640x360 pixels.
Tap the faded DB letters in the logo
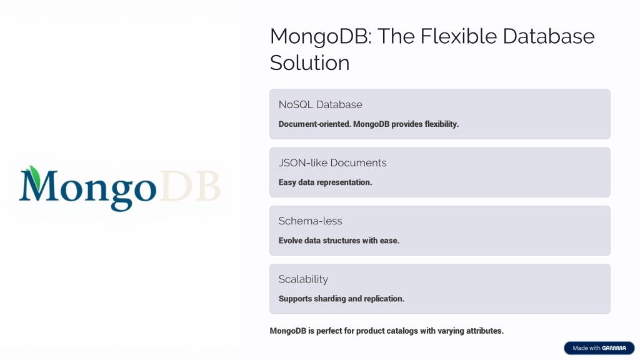coord(191,186)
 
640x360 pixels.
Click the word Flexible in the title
coord(458,36)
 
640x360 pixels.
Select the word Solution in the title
coord(310,63)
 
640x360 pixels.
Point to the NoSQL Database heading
coord(321,104)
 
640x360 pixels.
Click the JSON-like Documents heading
coord(332,163)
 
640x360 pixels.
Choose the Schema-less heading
coord(310,221)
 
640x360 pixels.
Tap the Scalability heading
coord(303,279)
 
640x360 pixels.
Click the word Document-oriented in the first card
coord(315,124)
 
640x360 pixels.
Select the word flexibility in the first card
coord(442,124)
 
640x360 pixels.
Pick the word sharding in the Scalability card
coord(330,299)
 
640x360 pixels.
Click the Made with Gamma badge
coord(599,348)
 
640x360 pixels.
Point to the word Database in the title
coord(549,36)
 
